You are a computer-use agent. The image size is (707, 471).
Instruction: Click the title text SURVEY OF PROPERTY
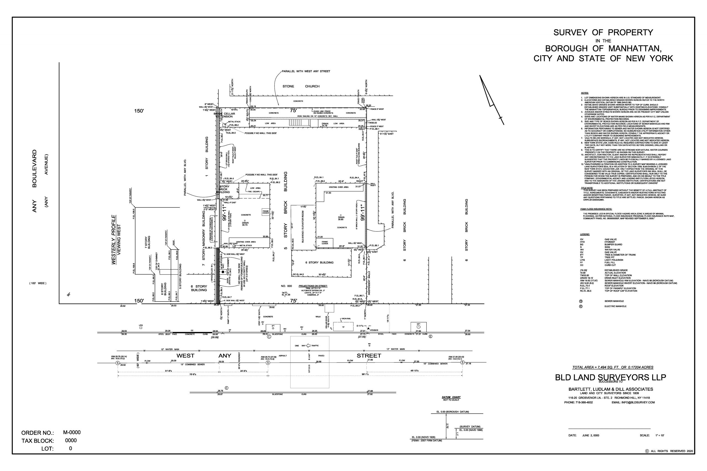pos(603,33)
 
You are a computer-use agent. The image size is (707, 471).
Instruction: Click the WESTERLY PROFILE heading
pos(114,240)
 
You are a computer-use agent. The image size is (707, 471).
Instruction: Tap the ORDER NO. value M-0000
pos(72,433)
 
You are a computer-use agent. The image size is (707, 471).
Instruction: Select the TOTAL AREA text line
pos(613,367)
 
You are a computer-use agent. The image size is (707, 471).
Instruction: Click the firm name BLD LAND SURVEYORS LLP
pos(610,377)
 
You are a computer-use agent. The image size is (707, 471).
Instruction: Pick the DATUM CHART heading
pos(451,397)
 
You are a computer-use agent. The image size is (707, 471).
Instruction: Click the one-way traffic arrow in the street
pos(308,346)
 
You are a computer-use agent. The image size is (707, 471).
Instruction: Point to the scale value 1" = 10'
pos(660,435)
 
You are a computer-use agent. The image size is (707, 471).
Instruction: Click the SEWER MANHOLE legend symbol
pos(581,301)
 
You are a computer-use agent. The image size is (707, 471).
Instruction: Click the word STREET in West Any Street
pos(369,356)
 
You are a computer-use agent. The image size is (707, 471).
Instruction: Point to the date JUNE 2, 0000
pos(590,435)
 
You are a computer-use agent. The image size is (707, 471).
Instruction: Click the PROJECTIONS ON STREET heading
pos(313,286)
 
